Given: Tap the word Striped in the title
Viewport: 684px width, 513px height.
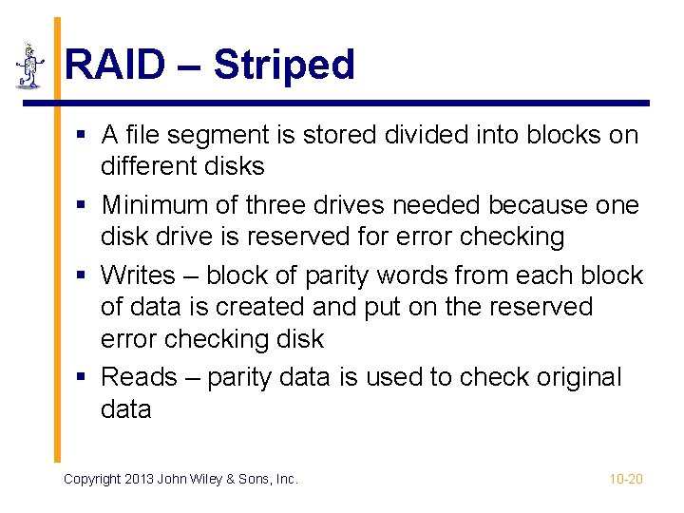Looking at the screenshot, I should [x=284, y=66].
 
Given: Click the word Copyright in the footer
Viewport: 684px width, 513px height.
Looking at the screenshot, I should [x=94, y=479].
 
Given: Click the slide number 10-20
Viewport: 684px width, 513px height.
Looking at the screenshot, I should [x=626, y=479].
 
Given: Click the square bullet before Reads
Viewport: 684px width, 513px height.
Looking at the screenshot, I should [x=84, y=378].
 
